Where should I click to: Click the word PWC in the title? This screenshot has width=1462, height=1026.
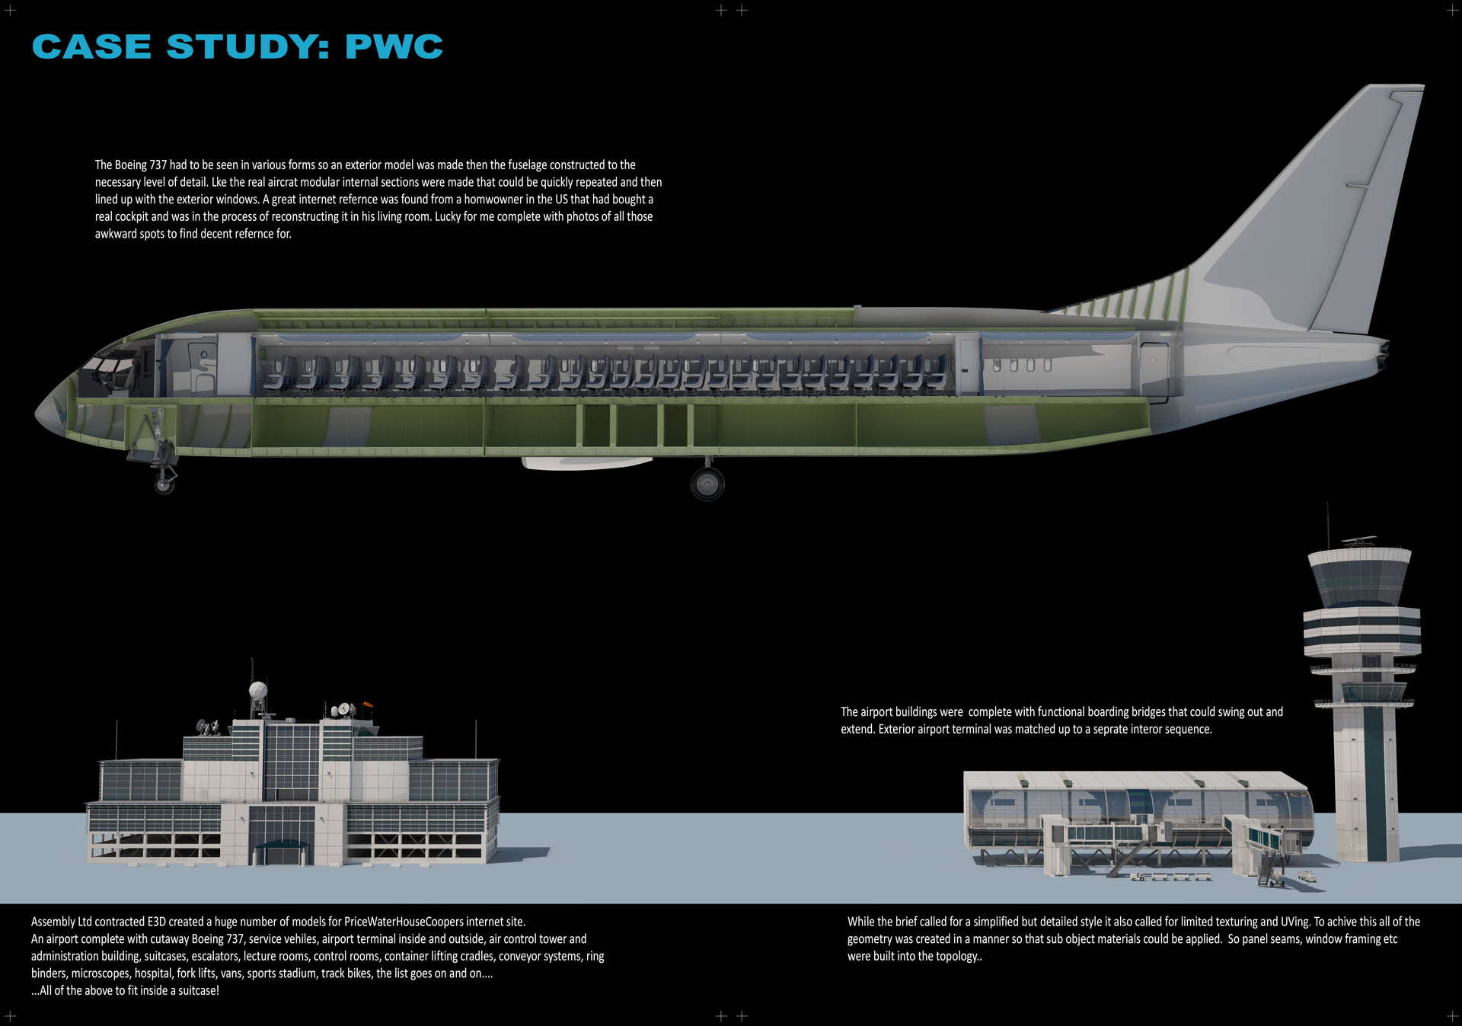click(394, 46)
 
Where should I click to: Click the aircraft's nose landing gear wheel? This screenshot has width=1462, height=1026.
click(164, 483)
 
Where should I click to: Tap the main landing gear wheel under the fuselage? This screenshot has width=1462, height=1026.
click(707, 484)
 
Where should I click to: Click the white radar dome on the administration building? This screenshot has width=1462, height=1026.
click(259, 691)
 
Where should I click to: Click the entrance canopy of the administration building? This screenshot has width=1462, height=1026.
click(282, 844)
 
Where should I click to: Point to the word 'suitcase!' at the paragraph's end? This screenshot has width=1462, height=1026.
click(199, 991)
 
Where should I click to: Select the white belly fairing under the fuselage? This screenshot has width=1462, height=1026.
click(586, 462)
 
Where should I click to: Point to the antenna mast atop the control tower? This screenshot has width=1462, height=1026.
click(1328, 526)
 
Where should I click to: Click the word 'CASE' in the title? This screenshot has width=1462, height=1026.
click(92, 46)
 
